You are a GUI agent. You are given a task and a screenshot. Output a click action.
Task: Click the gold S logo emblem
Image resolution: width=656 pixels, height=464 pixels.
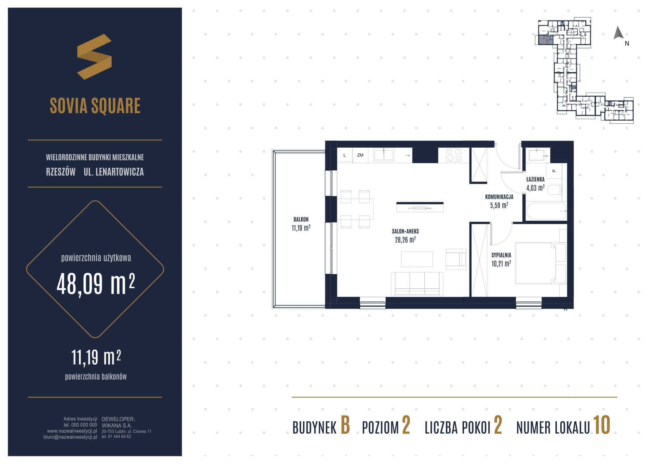(x=94, y=57)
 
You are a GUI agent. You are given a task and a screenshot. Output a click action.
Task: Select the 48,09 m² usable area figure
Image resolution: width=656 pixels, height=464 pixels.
(x=96, y=284)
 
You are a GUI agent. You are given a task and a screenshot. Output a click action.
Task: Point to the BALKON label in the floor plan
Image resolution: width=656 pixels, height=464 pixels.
(x=301, y=219)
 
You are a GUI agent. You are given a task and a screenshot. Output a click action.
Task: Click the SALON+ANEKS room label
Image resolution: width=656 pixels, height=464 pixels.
(x=405, y=231)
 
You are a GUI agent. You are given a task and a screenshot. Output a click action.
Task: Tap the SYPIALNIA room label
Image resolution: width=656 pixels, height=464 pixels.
(x=501, y=255)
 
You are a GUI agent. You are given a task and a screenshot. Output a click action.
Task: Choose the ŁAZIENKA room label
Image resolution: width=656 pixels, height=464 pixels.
(x=535, y=179)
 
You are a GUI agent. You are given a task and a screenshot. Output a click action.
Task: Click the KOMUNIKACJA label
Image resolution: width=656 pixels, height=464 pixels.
(x=499, y=197)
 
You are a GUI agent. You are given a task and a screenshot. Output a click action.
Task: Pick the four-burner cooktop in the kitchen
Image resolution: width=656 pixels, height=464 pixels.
(x=454, y=155)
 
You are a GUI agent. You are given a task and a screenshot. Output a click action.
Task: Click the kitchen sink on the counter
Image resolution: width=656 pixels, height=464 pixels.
(x=384, y=155)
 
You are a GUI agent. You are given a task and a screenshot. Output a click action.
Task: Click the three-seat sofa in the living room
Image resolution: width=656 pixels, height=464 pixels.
(x=417, y=284)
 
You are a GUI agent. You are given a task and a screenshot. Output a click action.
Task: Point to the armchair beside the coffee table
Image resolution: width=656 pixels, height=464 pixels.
(x=456, y=259)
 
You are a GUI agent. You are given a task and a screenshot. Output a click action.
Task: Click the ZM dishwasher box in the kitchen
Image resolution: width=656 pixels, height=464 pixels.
(x=360, y=155)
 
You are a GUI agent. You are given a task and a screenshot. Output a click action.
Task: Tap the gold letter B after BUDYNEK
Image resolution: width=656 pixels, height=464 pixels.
(x=345, y=426)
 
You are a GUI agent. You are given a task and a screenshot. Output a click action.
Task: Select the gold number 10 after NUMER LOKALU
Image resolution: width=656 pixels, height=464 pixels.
(x=602, y=426)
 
